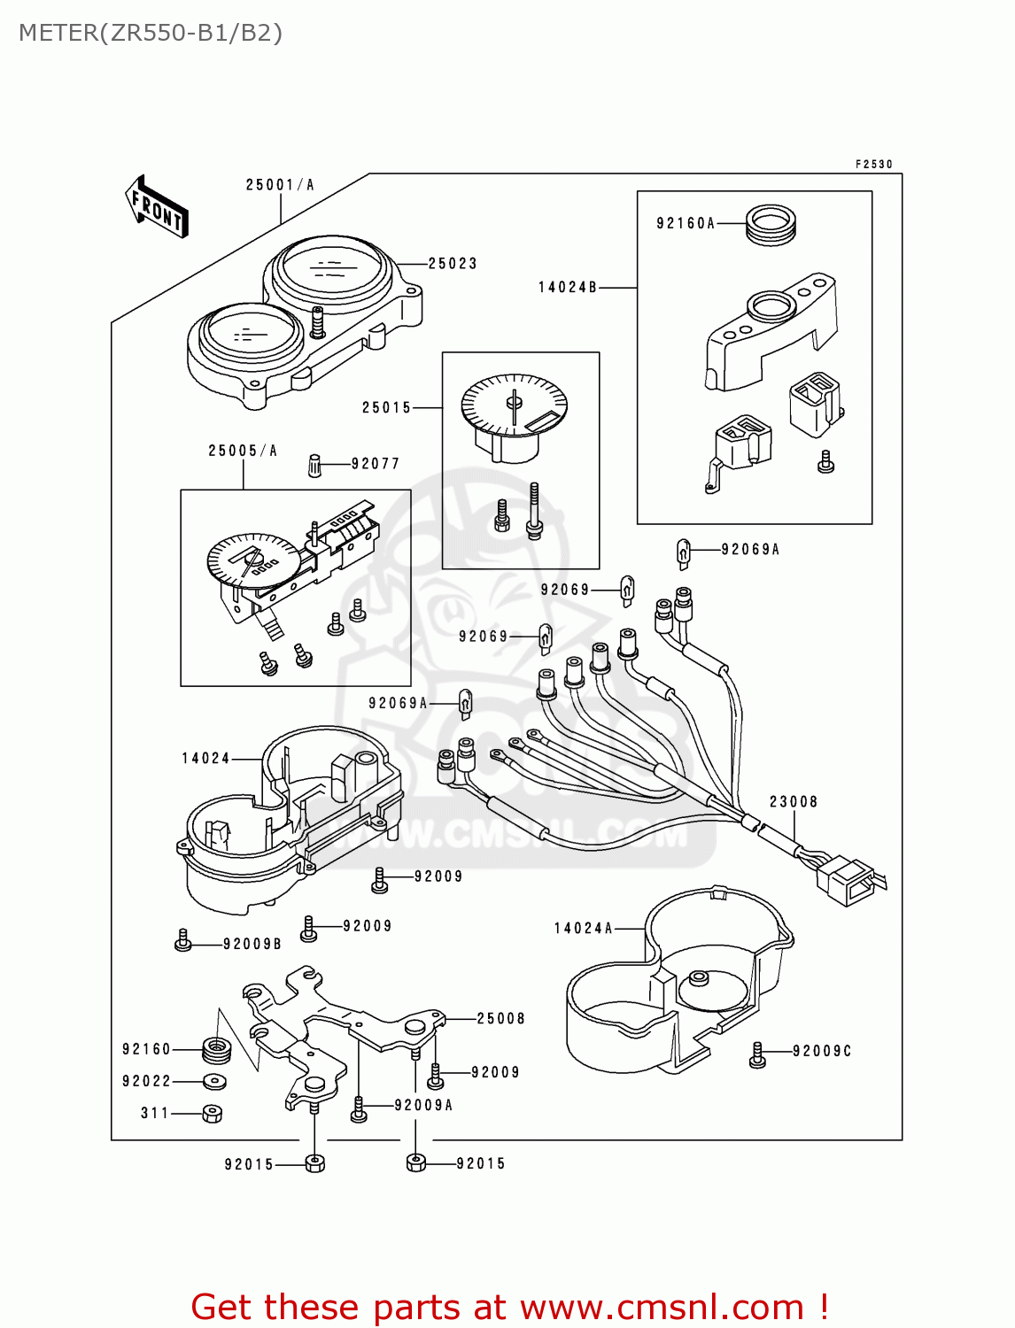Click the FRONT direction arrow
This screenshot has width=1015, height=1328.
158,207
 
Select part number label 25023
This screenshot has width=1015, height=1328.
453,264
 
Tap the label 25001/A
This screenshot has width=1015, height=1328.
280,185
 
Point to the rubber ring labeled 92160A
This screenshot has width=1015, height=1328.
771,225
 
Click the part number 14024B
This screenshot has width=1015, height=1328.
568,288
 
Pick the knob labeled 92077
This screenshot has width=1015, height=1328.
314,465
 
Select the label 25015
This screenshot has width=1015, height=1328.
386,408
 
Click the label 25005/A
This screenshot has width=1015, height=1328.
243,451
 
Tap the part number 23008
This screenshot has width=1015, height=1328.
793,802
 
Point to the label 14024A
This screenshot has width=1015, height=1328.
583,929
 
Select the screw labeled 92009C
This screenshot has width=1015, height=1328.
757,1054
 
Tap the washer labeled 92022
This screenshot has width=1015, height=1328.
214,1081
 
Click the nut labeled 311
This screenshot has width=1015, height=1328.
212,1114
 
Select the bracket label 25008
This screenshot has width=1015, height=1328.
500,1019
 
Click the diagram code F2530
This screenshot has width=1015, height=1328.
873,165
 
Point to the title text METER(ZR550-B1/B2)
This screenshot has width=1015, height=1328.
151,33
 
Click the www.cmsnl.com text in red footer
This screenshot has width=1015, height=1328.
662,1308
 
